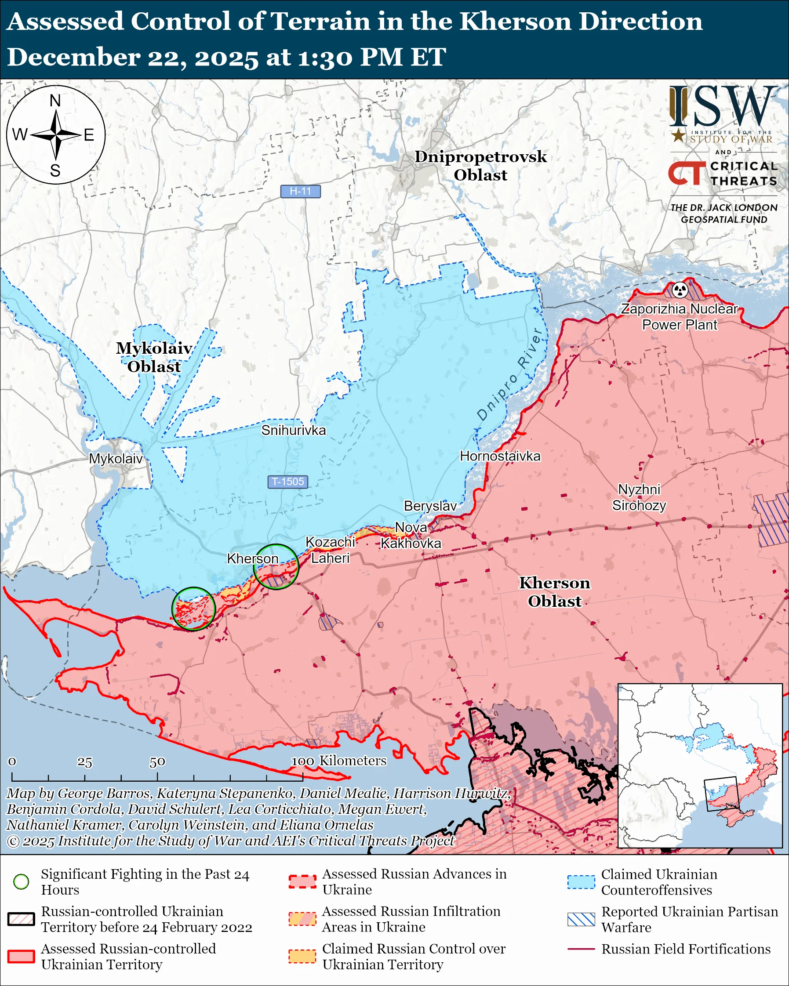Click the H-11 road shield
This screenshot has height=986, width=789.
[300, 191]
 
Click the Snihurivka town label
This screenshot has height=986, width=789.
[293, 430]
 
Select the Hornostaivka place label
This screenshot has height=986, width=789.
[500, 456]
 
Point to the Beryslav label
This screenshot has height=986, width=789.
[430, 506]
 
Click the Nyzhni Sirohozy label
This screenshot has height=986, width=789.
[639, 497]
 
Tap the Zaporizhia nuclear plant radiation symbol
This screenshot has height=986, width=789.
[680, 290]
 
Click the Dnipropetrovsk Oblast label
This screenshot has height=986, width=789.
[480, 166]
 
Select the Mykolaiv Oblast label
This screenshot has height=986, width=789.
[154, 357]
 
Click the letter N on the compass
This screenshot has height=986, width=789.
[55, 101]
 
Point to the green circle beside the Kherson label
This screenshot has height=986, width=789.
[276, 566]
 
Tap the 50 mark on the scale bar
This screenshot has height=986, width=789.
[157, 762]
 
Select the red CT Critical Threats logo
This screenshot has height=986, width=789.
[686, 173]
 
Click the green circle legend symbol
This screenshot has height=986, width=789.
[21, 881]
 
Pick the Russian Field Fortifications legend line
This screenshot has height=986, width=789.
[581, 949]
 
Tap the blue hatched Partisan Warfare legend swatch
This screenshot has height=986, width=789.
[581, 919]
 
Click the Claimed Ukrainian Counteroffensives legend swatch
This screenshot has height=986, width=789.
[581, 882]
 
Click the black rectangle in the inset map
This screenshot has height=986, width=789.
[721, 794]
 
